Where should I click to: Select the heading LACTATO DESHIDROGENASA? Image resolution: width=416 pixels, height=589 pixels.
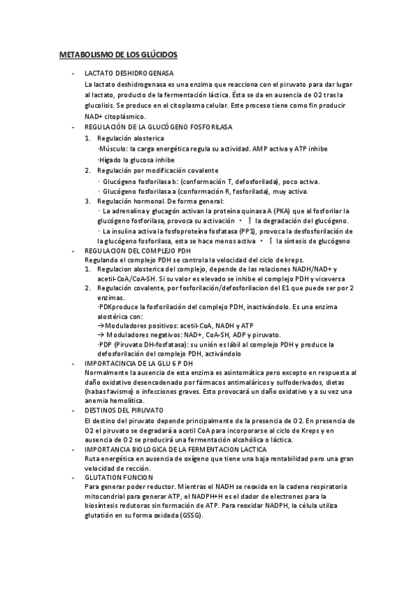coord(128,73)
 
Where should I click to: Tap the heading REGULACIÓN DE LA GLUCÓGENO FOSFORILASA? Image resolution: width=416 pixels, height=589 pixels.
coord(158,128)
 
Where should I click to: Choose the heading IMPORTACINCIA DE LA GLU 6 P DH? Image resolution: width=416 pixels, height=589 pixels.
coord(138,363)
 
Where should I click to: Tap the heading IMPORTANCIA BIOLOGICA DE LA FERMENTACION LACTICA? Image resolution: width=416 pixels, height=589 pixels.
coord(176,449)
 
